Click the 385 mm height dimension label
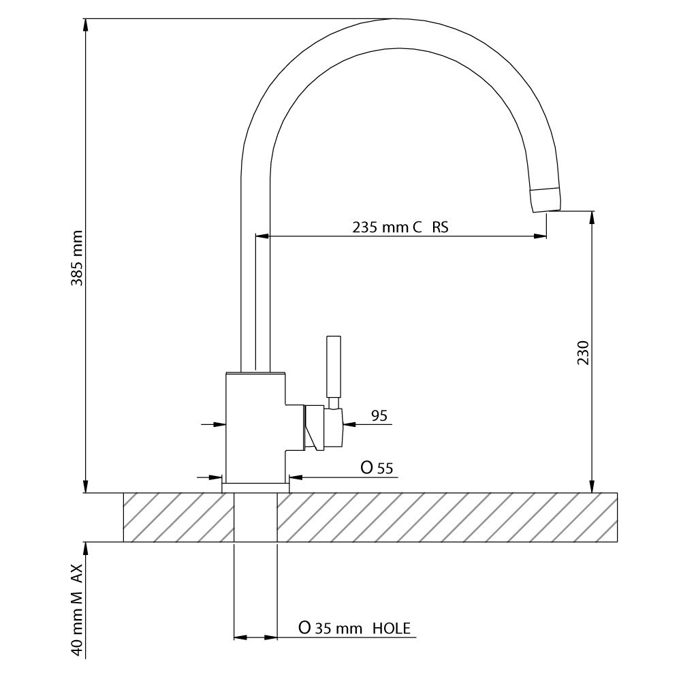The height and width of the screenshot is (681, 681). pos(77,258)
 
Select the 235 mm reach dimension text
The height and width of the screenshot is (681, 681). pos(400,227)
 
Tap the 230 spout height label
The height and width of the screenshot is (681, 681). pos(583,352)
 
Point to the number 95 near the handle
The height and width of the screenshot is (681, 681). pos(379,415)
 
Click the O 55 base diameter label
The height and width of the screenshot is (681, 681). pos(377,468)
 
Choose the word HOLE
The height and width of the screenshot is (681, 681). pos(392,628)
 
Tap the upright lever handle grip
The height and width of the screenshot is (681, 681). pos(334,366)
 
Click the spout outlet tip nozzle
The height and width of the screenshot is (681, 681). pos(545,200)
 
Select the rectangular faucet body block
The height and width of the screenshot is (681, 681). pos(255,428)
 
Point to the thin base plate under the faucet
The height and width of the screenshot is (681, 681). pos(255,488)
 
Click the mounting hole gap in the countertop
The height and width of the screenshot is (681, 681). pos(255,518)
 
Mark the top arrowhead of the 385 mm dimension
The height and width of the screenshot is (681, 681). pos(86,25)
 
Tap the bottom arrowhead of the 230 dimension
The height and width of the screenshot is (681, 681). pos(592,487)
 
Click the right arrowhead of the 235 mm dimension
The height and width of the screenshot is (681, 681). pos(540,236)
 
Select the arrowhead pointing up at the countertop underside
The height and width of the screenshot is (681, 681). pos(86,548)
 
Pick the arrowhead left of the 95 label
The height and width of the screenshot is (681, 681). pos(349,424)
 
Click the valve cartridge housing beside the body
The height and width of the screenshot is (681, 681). pos(324,428)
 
